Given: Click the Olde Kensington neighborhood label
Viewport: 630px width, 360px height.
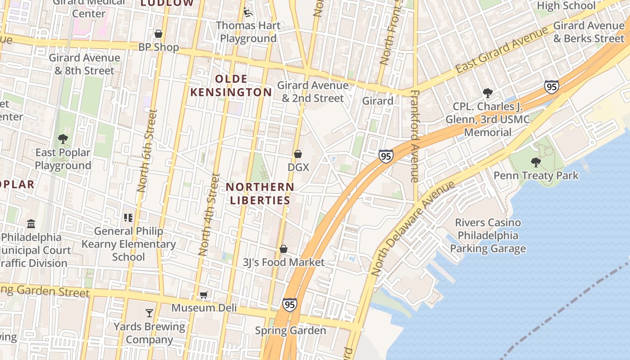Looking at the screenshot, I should coord(231,85).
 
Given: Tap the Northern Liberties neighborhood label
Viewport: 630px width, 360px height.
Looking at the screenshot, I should coord(260,193).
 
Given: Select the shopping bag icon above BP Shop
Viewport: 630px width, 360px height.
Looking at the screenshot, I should coord(158,34).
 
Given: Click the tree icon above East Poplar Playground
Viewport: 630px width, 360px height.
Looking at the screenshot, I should coord(63,139).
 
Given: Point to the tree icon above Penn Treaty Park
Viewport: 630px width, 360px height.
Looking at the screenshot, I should coord(535,162).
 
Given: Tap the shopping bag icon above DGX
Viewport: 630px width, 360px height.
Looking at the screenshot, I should coord(298,154).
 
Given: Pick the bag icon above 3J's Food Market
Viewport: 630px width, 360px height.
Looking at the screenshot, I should coord(283,249).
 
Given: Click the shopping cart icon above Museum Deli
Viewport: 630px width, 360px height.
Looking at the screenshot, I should coord(204,295).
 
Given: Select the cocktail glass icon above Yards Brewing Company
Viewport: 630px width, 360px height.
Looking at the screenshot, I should coord(149,313).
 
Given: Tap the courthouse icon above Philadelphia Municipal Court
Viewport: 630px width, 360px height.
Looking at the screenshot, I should coord(31,224).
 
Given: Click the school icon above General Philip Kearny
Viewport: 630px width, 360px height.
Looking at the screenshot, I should coord(128,218).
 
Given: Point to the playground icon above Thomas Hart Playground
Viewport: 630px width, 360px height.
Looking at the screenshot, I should coord(248,12).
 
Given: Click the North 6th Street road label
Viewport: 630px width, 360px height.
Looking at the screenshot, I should coord(148,151).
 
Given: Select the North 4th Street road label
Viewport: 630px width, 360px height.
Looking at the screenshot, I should coord(209,215).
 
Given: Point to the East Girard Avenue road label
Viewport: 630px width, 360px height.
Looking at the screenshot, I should coord(502,49).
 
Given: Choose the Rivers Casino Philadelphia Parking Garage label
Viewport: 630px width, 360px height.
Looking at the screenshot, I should coord(488,235).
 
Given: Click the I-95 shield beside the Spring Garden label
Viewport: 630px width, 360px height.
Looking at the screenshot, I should coord(290,305).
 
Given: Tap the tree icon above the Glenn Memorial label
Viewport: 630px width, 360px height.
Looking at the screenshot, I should coord(487,93).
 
